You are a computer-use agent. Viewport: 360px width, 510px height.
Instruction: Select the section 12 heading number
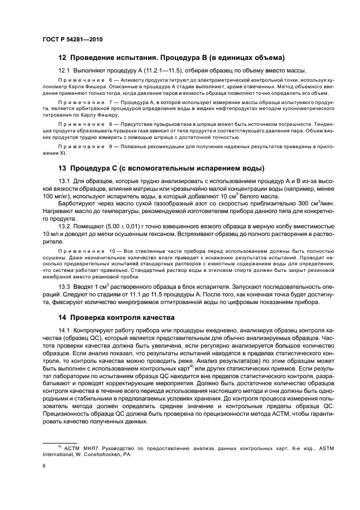coord(63,58)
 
